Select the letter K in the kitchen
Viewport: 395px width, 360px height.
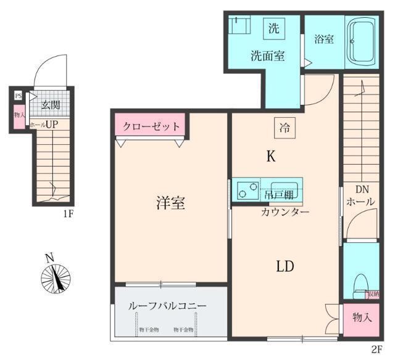tap(270, 157)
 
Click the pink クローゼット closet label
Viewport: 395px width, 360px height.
tap(151, 127)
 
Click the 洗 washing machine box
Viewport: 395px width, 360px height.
tap(273, 28)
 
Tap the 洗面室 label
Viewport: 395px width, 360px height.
tap(267, 55)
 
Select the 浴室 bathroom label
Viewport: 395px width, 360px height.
tap(324, 39)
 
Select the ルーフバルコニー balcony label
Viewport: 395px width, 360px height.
tap(167, 305)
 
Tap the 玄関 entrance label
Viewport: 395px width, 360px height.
tap(51, 105)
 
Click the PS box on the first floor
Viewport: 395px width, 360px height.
tap(18, 96)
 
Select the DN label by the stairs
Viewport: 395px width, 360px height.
tap(360, 189)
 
